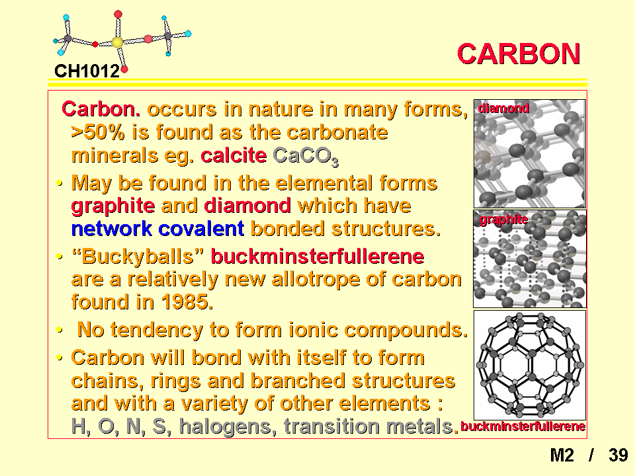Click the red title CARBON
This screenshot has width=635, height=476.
coord(519,54)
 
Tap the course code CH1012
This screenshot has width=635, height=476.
coord(87,71)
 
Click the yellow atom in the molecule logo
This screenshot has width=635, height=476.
coord(117,42)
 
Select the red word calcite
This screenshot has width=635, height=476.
coord(233,155)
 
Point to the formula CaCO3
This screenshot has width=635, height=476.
coord(306,156)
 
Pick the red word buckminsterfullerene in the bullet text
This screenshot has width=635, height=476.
coord(317,257)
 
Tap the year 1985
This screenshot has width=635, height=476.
coord(187,302)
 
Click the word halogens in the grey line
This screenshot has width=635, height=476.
coord(228,426)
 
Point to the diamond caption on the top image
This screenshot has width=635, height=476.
coord(503,108)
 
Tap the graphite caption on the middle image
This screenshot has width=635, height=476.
coord(503,219)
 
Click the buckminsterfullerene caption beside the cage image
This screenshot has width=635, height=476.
coord(523,426)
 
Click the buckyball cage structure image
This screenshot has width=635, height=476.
coord(530,365)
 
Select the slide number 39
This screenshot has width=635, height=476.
coord(618,456)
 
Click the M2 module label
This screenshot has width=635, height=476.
coord(562,456)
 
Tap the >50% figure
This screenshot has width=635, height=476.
coord(98,132)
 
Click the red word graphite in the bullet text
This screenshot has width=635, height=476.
coord(113,206)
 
